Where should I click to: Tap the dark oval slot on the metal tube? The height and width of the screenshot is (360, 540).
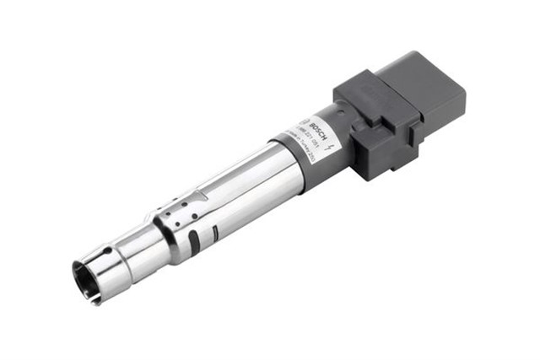[195, 241]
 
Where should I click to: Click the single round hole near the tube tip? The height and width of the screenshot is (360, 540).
[107, 250]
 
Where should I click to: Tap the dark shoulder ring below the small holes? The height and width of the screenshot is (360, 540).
[160, 232]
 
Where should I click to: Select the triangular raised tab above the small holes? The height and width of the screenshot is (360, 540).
[192, 197]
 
